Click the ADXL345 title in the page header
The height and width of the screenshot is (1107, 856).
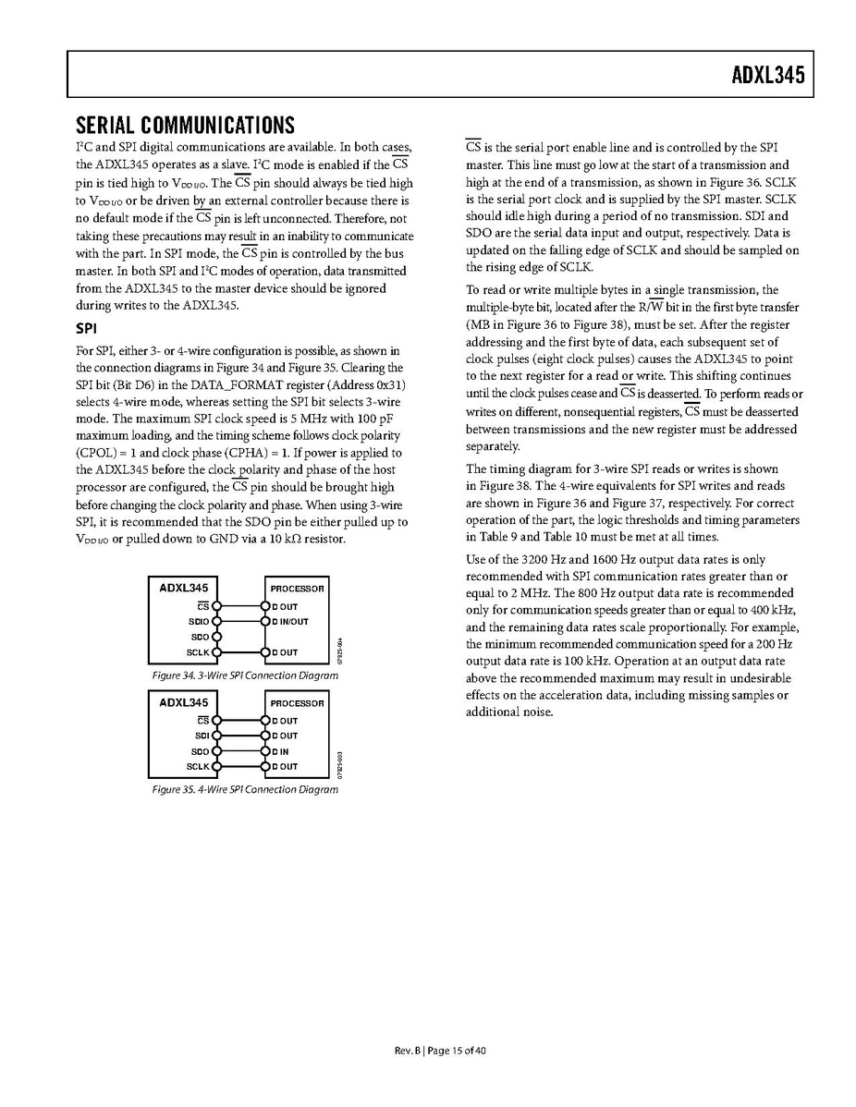click(763, 74)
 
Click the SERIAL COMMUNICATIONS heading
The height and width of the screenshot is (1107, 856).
click(185, 125)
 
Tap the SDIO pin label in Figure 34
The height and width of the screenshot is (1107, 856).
click(199, 622)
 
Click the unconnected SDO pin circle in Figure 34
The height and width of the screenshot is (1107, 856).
click(215, 637)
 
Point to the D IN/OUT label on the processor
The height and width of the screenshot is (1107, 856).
click(290, 622)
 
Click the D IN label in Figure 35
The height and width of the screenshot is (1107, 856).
click(281, 751)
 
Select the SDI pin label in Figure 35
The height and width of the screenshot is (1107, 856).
click(202, 736)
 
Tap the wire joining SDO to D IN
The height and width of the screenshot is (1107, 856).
click(239, 751)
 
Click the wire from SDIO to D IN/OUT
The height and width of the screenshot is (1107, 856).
click(239, 622)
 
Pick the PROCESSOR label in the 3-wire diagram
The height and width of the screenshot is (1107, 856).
click(297, 589)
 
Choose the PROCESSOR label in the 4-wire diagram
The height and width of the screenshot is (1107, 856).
click(297, 703)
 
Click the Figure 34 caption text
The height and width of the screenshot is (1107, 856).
click(245, 675)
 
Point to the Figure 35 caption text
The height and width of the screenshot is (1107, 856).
click(245, 790)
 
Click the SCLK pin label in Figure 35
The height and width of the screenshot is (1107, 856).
click(198, 766)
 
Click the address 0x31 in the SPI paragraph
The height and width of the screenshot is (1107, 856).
click(388, 383)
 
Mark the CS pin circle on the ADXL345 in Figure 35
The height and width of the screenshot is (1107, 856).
click(215, 721)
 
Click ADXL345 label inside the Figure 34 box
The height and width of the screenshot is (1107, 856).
click(184, 587)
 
